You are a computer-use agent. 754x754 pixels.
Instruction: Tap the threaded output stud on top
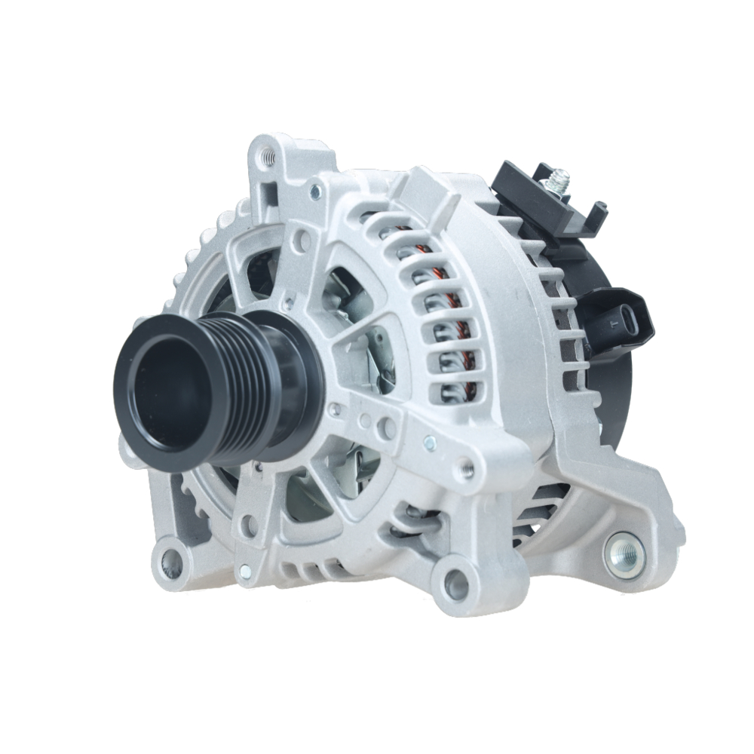click(x=559, y=179)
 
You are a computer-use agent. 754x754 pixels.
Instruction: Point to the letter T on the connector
click(x=614, y=323)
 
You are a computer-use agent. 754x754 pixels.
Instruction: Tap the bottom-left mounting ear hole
click(x=171, y=560)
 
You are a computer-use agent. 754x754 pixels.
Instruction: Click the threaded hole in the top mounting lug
click(x=265, y=158)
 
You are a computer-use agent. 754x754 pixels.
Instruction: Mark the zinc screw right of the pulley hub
click(x=429, y=443)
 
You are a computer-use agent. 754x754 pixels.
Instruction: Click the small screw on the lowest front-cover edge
click(x=244, y=572)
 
